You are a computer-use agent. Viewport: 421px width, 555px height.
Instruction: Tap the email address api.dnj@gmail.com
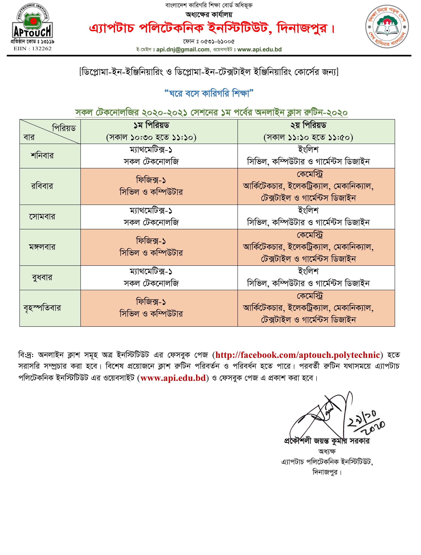pos(182,49)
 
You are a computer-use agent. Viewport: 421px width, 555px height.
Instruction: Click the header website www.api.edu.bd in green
pos(259,49)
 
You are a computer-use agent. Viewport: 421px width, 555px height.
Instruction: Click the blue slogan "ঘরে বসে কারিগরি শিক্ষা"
pos(209,94)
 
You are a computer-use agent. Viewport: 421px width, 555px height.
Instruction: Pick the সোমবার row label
pos(42,217)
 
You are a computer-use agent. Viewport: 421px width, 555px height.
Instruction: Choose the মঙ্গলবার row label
pos(42,247)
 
